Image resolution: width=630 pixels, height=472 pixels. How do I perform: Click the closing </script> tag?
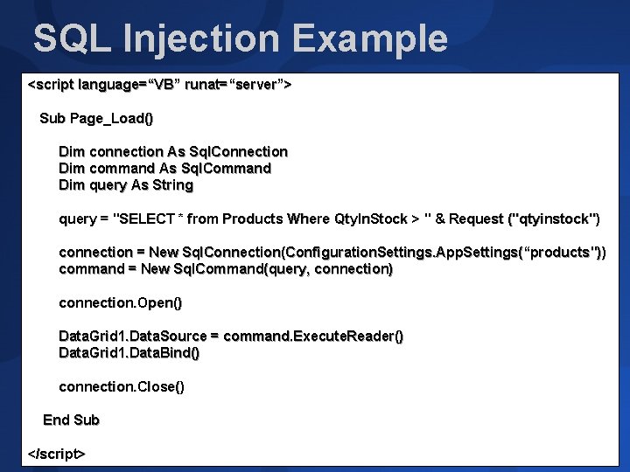pos(57,454)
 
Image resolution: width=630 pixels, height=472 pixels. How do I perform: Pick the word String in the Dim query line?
pos(173,185)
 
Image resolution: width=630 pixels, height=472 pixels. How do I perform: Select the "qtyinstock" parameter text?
pos(555,219)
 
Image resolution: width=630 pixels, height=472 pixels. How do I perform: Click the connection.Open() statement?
pos(121,302)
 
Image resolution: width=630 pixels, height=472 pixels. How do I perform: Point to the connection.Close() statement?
pos(122,386)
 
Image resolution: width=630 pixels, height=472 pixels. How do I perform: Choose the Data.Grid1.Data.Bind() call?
pos(129,353)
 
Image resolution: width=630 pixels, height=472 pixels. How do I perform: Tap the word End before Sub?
pos(57,420)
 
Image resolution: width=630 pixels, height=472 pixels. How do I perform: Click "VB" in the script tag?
pos(164,85)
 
